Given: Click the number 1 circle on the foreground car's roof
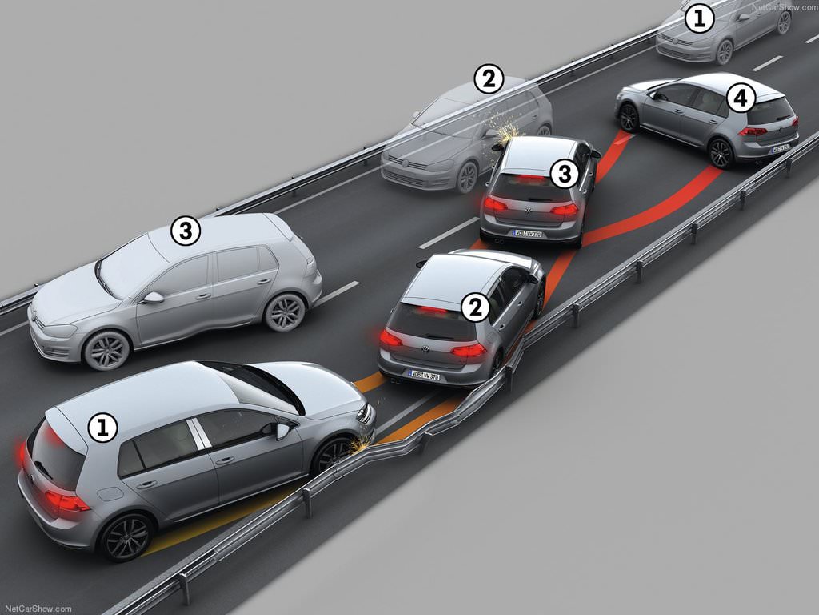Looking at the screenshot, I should coord(102,428).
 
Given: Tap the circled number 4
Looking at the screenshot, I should coord(741,99).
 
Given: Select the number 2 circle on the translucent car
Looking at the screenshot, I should coord(489,79).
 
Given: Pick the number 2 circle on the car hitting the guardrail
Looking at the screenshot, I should coord(475,307).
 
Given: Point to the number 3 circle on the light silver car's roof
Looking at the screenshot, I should coord(186,231).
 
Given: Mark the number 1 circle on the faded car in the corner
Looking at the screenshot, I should coord(700,18).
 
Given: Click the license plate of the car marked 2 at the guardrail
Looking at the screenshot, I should coord(424,374).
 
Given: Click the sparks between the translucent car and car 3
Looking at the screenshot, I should coord(504,128).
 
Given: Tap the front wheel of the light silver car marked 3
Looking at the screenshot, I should coord(106,350).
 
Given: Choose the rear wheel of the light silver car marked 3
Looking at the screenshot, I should coord(285,312).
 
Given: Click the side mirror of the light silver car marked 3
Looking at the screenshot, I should coord(152,297).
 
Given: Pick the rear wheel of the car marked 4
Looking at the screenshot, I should coord(721,152).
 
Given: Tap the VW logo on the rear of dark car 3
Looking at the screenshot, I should coord(527,212).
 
